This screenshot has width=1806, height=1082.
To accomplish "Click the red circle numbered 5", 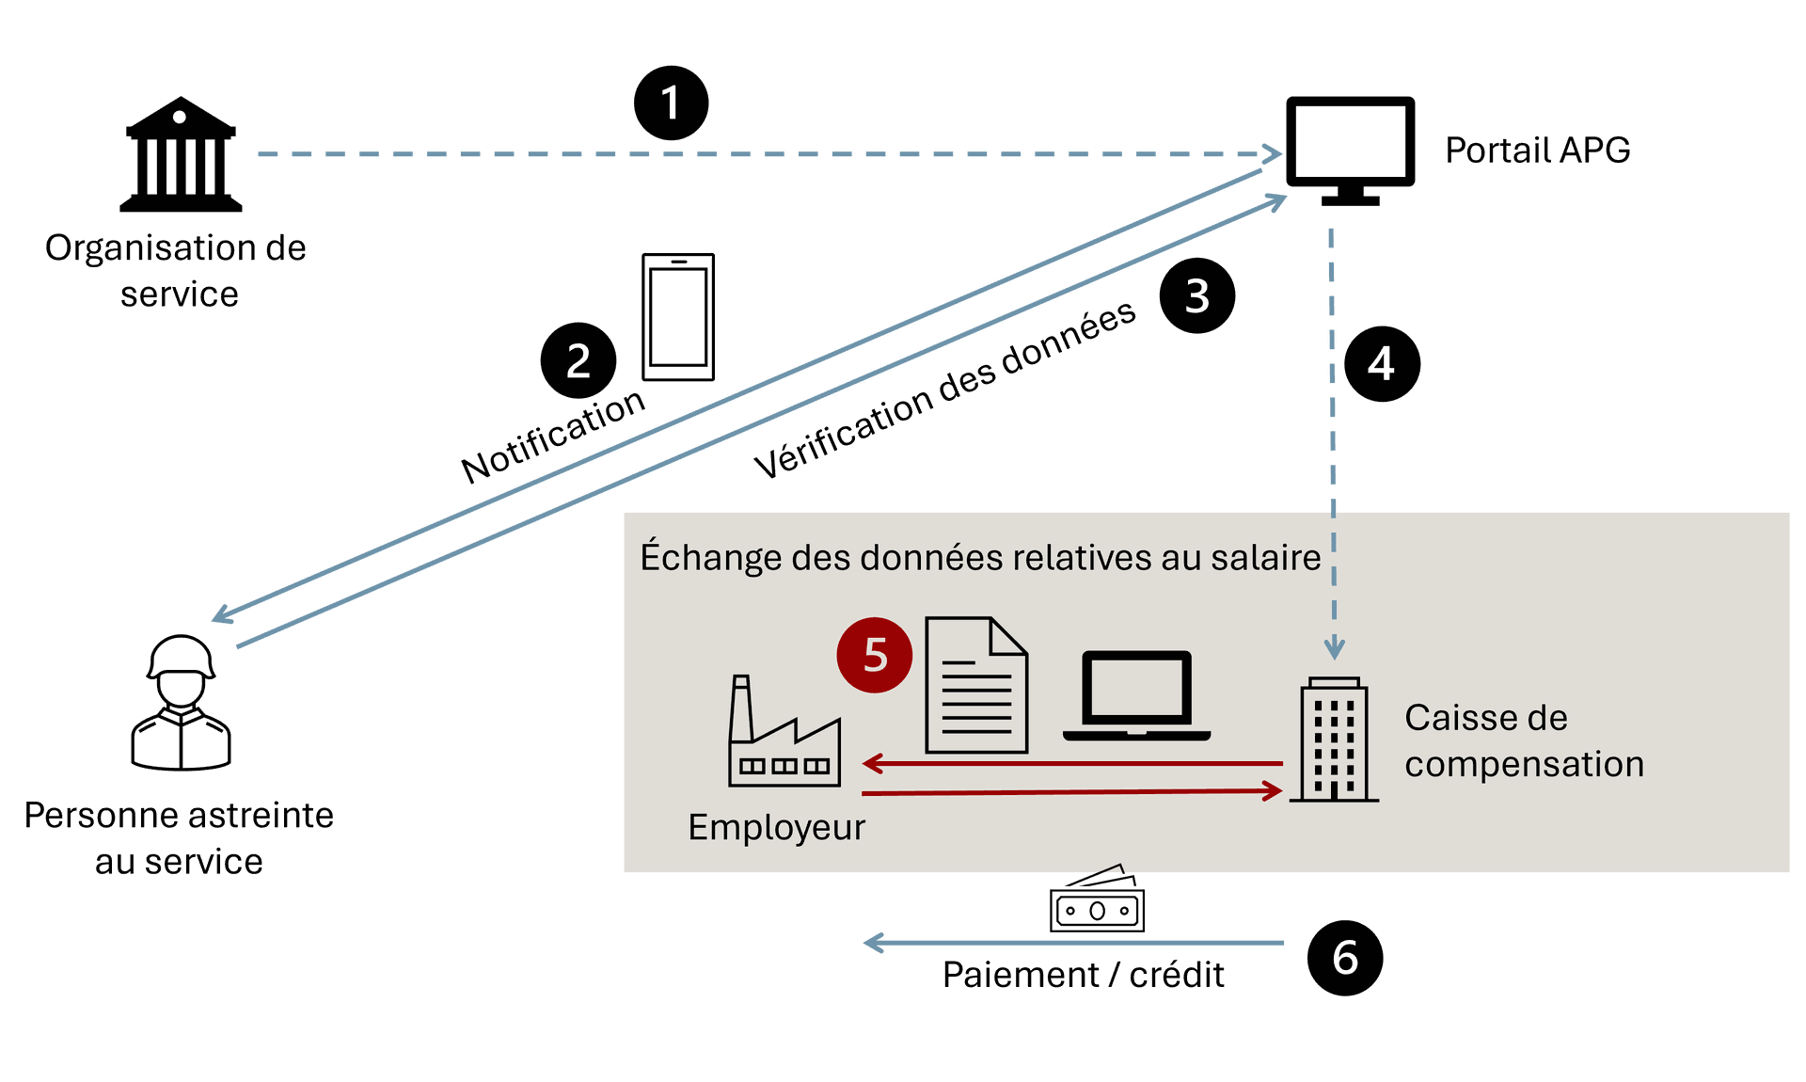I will (874, 656).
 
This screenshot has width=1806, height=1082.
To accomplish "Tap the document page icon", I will (975, 687).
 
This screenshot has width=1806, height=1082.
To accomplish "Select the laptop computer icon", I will (1136, 696).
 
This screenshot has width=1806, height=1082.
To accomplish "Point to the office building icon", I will (1334, 740).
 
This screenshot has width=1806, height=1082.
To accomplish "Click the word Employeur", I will (776, 828).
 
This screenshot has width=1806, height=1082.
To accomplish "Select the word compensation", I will (1524, 765).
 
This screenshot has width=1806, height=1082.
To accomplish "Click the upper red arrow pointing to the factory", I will (1072, 763).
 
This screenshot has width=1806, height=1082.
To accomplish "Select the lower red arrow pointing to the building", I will (1072, 793).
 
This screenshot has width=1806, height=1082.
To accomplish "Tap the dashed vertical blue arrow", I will (1333, 423).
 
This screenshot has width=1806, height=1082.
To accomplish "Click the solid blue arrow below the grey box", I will (1072, 943).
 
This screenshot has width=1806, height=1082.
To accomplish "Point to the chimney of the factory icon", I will (741, 706).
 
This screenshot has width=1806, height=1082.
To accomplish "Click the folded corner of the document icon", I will (1009, 635).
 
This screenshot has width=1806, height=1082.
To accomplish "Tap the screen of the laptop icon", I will (1136, 689).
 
